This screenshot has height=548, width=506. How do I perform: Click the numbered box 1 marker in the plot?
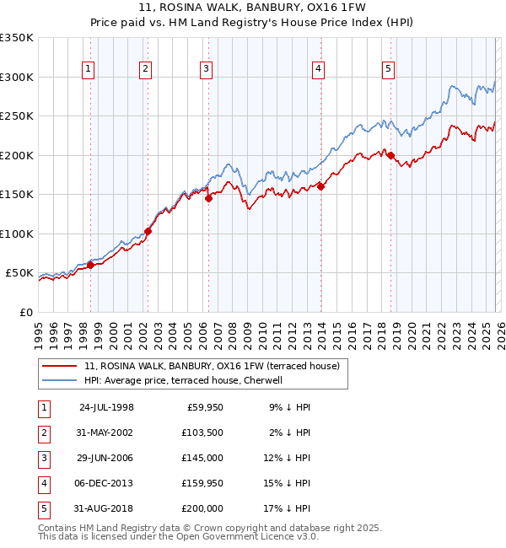point(89,70)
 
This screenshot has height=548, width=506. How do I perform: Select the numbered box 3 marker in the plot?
point(206,70)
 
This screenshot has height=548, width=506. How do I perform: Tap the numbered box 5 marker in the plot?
point(388,70)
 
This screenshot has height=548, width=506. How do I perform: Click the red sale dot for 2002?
point(148,231)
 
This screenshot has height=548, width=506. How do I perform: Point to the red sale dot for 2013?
point(320,187)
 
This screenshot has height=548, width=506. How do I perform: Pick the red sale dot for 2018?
point(390,155)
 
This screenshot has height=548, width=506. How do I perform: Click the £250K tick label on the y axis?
point(17,116)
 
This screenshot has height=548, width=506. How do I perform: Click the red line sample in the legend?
point(61,367)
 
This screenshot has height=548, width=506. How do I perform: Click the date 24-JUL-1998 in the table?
point(106,407)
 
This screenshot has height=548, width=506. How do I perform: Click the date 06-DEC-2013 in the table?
point(106,483)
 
